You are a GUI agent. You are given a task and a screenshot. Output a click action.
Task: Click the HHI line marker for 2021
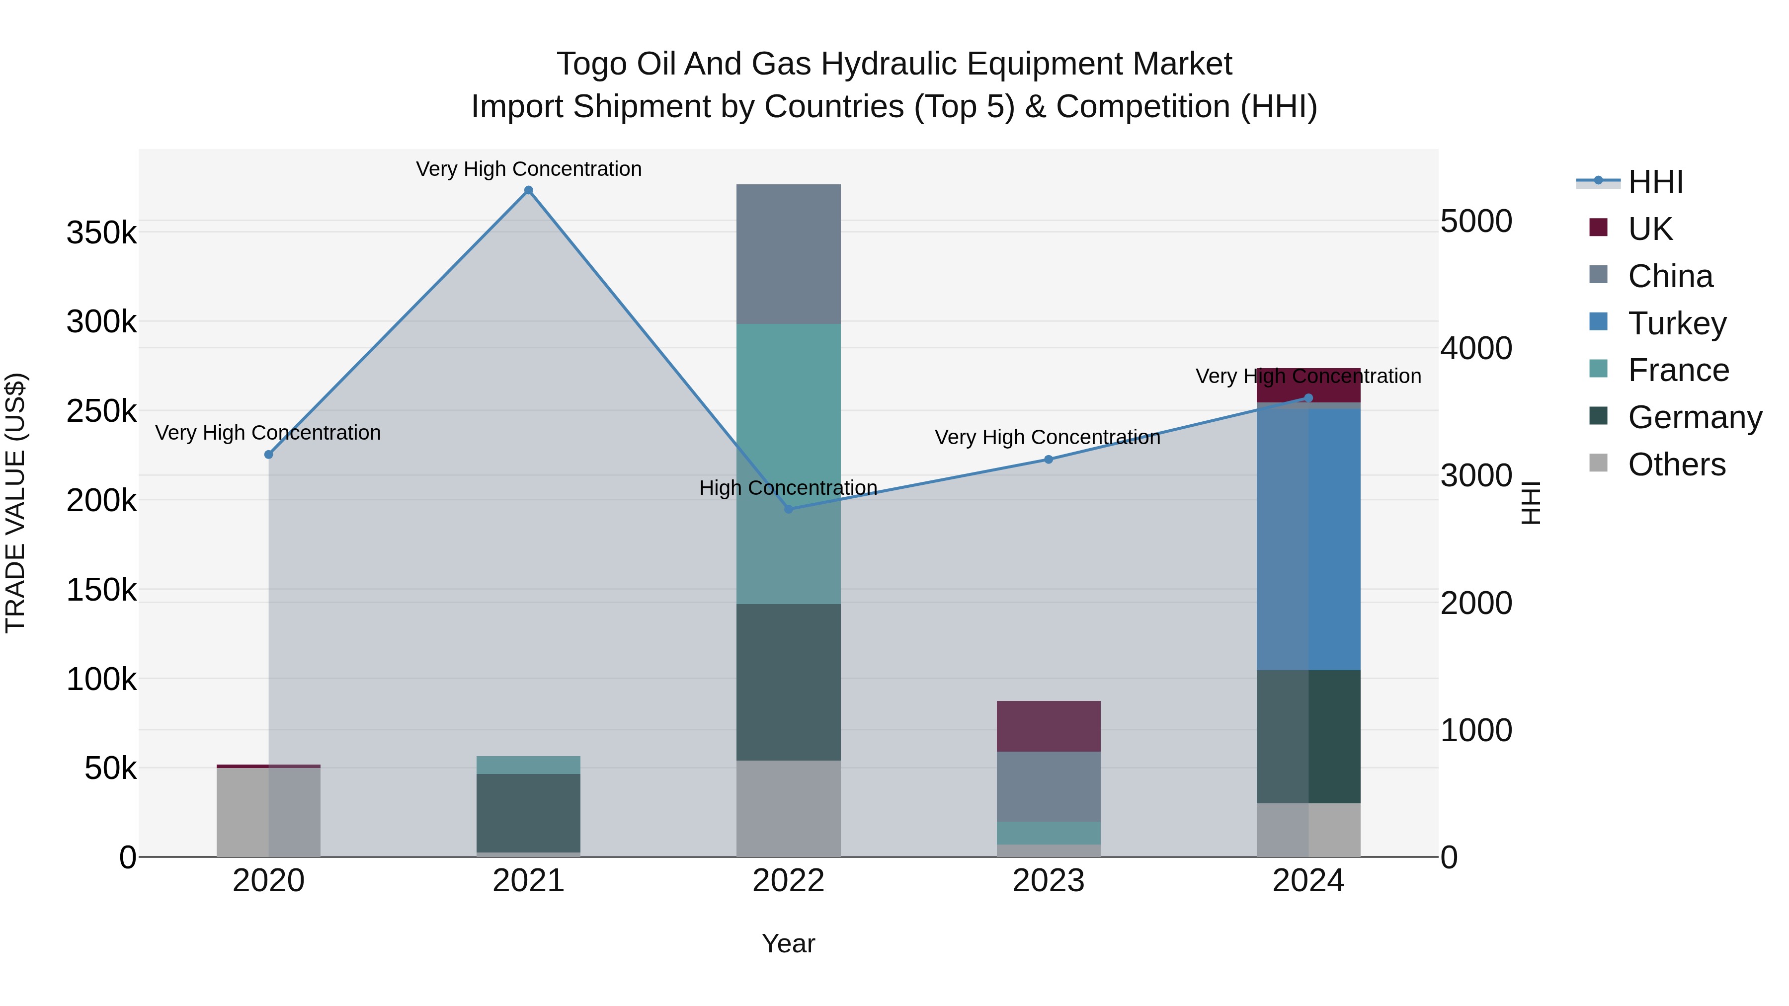click(x=529, y=190)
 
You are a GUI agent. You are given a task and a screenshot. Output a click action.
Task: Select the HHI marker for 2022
click(x=788, y=509)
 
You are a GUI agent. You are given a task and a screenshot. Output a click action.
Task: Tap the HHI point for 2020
click(x=269, y=455)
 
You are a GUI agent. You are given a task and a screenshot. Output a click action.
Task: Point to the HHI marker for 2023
click(x=1049, y=460)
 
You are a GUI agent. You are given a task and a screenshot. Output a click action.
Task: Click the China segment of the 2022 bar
click(x=788, y=254)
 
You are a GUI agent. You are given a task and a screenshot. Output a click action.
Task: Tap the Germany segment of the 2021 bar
click(x=529, y=813)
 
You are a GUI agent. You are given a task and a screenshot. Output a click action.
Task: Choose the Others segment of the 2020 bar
click(x=269, y=812)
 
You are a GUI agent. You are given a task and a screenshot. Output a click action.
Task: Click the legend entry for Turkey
click(x=1677, y=323)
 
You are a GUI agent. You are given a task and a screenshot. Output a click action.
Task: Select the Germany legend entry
click(x=1694, y=417)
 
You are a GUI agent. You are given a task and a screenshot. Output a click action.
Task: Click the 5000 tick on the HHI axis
click(x=1476, y=222)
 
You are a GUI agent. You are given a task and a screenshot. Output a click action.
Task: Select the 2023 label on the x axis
click(x=1049, y=881)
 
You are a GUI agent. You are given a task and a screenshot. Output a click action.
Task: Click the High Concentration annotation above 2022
click(x=788, y=488)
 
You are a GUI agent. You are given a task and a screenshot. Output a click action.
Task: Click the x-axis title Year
click(x=788, y=943)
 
